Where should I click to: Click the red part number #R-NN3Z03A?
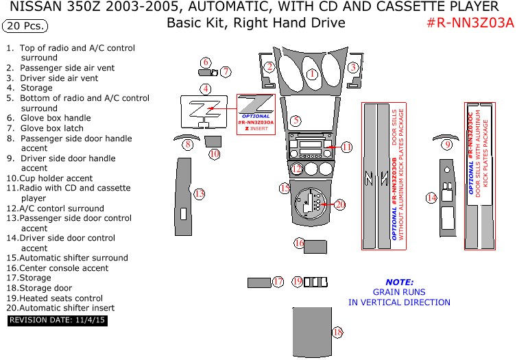tap(470, 23)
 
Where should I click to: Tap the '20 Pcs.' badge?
tap(25, 27)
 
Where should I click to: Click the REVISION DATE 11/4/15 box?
tap(58, 320)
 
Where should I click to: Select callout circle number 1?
tap(313, 74)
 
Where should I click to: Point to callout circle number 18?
tap(337, 333)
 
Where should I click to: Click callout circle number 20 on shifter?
tap(340, 204)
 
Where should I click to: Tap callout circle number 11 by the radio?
tap(346, 147)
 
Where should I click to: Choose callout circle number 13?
tap(199, 194)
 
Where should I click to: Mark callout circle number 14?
tap(431, 198)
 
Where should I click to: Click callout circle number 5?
tap(296, 121)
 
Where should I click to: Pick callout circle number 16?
tap(300, 243)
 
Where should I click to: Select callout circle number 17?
tap(278, 281)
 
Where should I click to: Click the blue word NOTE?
tap(399, 282)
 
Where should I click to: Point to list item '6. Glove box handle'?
tap(55, 118)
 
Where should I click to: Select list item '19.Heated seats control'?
tap(55, 298)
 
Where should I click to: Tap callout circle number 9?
tap(447, 144)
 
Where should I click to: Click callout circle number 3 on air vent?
tap(352, 67)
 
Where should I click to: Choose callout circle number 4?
tap(205, 88)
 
